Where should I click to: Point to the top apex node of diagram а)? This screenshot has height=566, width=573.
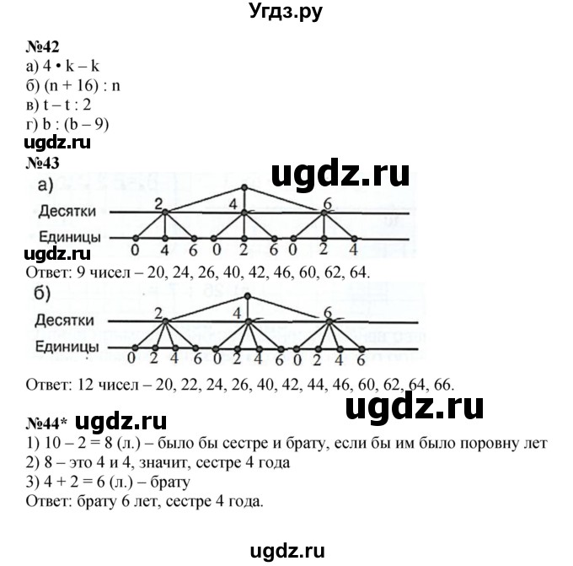point(244,186)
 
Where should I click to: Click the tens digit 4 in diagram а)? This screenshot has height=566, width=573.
point(234,202)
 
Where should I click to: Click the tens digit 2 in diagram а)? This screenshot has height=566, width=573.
point(158,202)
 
